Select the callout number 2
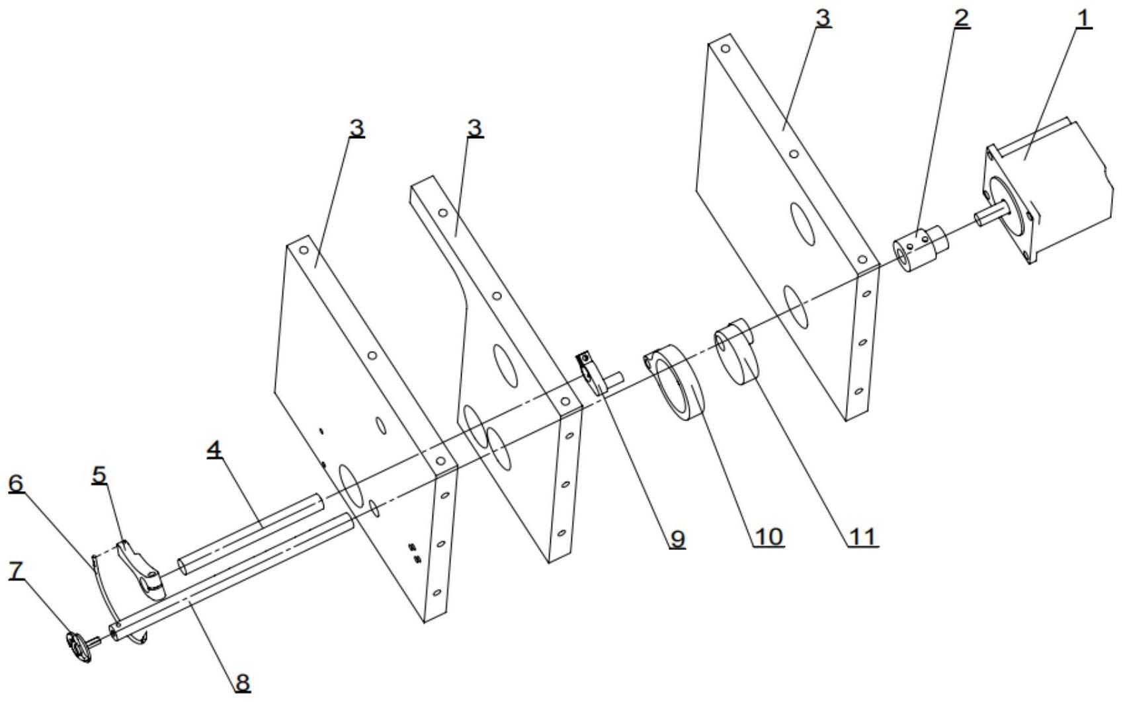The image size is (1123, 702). tap(961, 19)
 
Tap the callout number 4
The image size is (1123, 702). tap(214, 449)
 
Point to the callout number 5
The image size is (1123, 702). tap(99, 475)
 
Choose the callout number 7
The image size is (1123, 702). tap(16, 570)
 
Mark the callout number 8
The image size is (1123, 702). tap(243, 682)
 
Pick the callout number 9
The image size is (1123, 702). tap(677, 539)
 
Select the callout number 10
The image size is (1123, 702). tap(769, 537)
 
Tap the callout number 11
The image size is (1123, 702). tap(862, 537)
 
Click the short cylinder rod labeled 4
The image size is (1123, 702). tap(250, 534)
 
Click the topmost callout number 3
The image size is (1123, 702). tap(823, 19)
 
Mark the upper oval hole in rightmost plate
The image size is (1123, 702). tap(803, 224)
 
